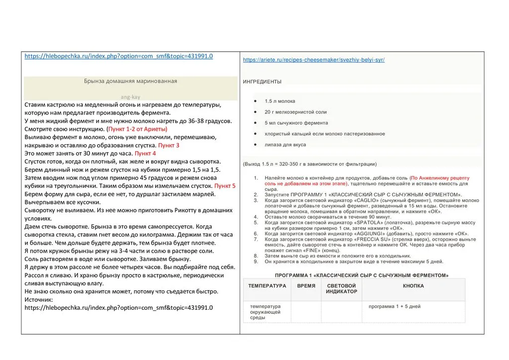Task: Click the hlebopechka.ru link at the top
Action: (119, 56)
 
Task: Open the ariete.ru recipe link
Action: (314, 60)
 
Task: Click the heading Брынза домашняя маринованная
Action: (130, 81)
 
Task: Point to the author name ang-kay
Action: (130, 97)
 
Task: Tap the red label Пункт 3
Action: (169, 145)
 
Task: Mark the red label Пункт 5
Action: (225, 185)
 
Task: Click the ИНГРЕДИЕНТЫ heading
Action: (262, 82)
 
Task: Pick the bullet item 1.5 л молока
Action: (280, 101)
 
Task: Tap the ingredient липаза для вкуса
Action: (285, 145)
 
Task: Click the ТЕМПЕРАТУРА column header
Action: (267, 286)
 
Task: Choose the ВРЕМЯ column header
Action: (306, 286)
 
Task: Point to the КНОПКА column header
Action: (413, 286)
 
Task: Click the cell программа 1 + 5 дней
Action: (394, 306)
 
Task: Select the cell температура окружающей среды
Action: (265, 312)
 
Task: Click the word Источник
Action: (41, 299)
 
